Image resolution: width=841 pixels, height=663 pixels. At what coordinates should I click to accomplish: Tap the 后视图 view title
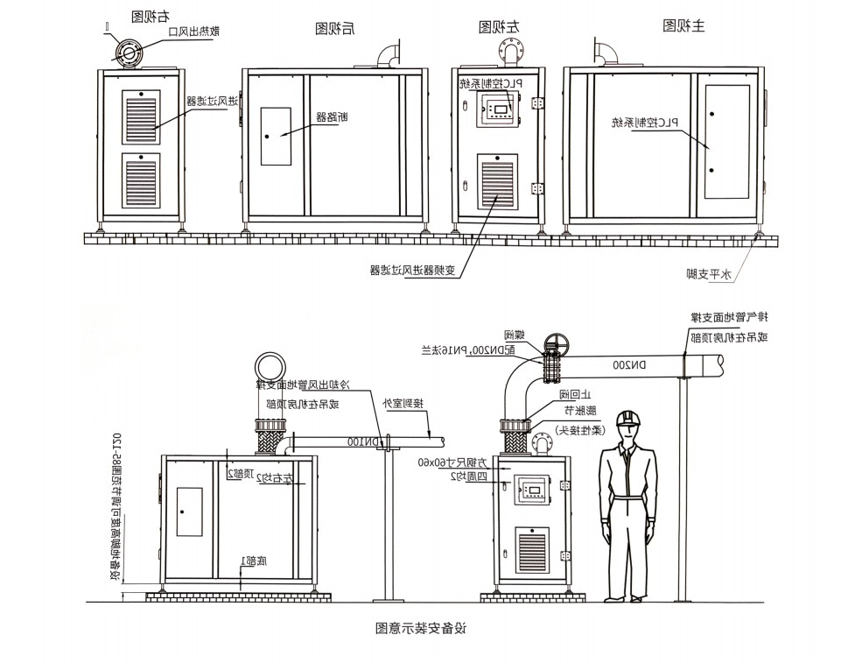tap(334, 29)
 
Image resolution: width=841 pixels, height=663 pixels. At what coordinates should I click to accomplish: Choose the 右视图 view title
tap(150, 17)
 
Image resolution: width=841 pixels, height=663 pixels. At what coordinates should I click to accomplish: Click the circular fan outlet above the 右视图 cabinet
tap(128, 53)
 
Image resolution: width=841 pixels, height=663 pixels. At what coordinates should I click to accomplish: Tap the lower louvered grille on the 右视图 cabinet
tap(140, 181)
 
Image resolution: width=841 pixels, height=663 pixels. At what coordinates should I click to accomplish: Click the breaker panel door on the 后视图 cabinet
tap(277, 136)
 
